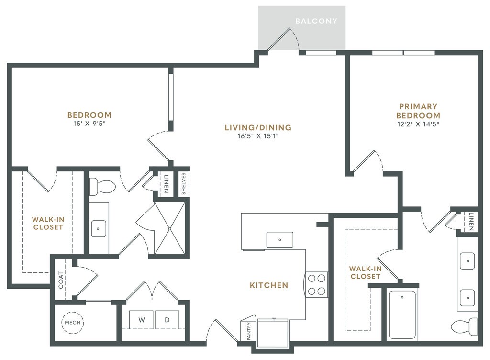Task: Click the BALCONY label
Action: [316, 21]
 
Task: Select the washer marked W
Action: [142, 319]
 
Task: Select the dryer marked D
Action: [167, 319]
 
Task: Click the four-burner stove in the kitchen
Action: [316, 284]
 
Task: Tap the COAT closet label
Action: [61, 280]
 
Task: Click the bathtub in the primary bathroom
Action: [402, 315]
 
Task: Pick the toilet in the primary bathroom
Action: [463, 326]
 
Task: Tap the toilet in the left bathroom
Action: [100, 186]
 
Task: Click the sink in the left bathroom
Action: [99, 229]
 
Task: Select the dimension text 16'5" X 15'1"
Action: [258, 136]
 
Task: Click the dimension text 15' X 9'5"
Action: [89, 124]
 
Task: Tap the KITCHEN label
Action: [269, 285]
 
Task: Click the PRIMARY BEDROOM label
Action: [419, 111]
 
